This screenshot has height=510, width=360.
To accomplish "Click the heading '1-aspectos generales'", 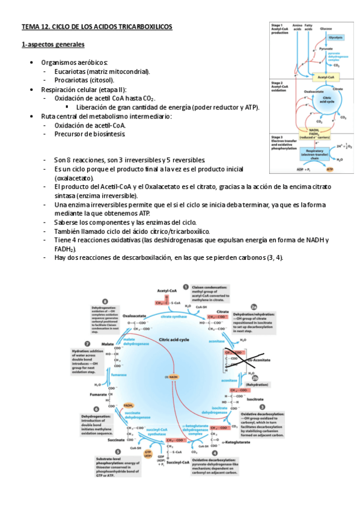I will [53, 45].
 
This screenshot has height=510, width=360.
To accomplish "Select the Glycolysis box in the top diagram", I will [336, 37].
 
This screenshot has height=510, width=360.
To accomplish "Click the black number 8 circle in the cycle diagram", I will [105, 302].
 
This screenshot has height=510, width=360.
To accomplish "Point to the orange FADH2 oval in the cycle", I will [129, 407].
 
